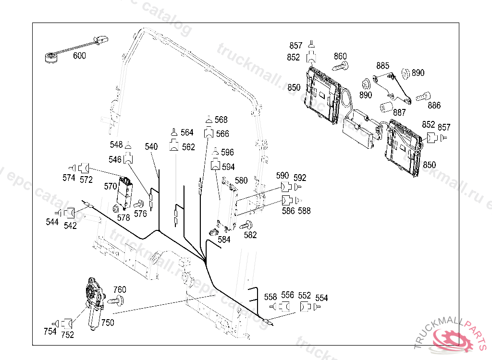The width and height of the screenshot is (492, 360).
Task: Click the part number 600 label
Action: [x=79, y=56]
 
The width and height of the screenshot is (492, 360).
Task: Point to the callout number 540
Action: [x=151, y=147]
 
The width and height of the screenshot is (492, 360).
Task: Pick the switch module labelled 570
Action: [x=125, y=192]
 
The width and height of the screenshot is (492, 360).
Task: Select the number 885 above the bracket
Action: [x=383, y=65]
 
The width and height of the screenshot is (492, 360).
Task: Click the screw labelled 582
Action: [x=248, y=224]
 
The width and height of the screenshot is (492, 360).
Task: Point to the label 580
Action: [x=241, y=180]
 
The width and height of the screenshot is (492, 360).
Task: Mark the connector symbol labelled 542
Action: [x=70, y=212]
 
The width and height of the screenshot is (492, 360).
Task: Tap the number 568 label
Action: [x=221, y=120]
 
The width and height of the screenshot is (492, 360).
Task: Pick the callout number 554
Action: [x=321, y=298]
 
